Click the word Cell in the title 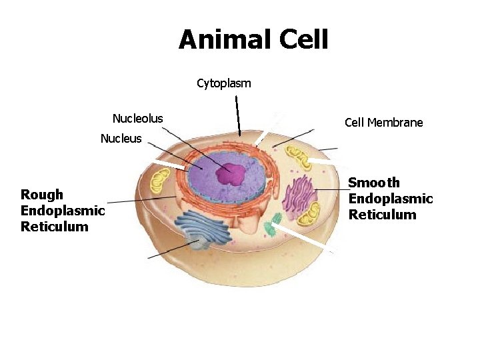tap(303, 39)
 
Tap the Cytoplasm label tap(224, 83)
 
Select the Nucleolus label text tap(137, 119)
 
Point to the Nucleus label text tap(121, 139)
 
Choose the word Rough tap(42, 195)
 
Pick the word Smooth tap(374, 183)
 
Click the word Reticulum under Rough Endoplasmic tap(54, 227)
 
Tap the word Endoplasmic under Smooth tap(391, 199)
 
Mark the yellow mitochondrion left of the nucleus tap(160, 181)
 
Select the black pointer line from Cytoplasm tap(238, 117)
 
